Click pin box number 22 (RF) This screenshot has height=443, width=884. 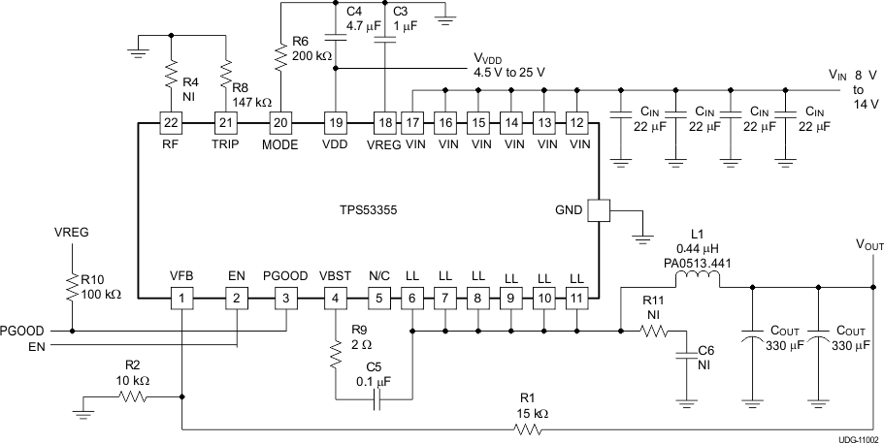tap(171, 122)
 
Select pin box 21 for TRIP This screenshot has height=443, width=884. tap(226, 122)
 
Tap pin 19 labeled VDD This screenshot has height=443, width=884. tap(335, 122)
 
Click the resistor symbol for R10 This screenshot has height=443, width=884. tap(71, 287)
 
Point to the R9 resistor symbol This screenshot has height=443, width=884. tap(335, 358)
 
